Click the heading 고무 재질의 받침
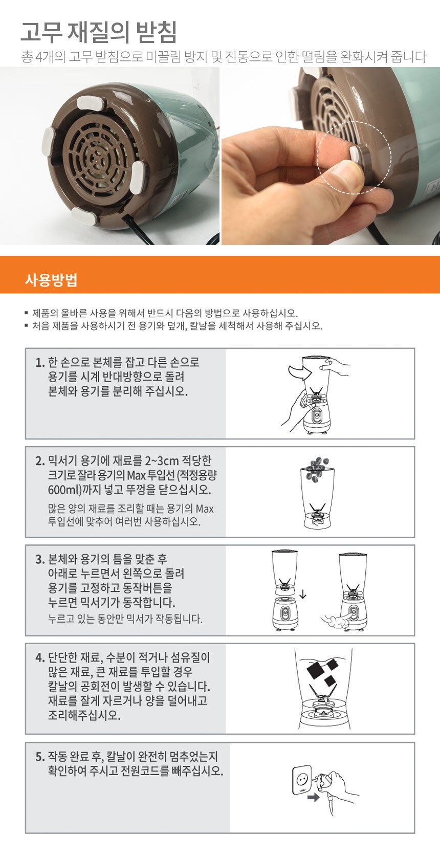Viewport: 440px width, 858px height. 99,32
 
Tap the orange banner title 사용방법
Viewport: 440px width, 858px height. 51,280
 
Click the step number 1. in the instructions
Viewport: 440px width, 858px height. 40,362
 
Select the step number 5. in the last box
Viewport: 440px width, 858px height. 40,757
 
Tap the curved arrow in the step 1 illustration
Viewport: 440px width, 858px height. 298,371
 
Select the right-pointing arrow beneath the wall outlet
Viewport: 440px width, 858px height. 313,798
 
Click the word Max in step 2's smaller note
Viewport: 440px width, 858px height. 205,509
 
